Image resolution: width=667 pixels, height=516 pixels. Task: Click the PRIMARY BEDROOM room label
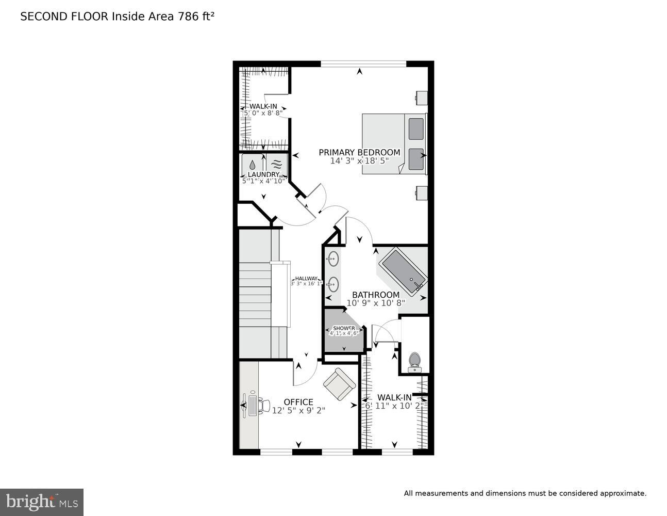coord(359,152)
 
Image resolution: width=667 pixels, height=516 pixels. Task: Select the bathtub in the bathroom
coord(403,268)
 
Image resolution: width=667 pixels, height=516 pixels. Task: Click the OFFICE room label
coord(298,402)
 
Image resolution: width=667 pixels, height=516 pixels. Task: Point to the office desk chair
coord(263,405)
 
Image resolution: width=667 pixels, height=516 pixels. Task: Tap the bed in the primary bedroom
coord(394,143)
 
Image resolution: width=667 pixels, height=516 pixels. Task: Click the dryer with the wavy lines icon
coord(277,165)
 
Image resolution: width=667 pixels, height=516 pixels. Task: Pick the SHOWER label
coord(344,328)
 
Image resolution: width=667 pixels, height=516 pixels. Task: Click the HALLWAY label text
coord(306,279)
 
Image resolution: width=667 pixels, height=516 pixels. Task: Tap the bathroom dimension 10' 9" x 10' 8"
coord(376,303)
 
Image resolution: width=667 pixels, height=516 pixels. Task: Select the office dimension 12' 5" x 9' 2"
coord(298,410)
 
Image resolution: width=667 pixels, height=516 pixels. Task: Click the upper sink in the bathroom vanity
coord(333,259)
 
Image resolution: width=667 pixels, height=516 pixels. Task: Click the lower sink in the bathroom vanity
coord(333,284)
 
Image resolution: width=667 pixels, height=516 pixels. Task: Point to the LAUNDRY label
coord(263,175)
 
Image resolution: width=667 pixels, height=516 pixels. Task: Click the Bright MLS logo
coord(41,502)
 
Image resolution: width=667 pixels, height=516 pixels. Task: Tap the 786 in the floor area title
coord(189,16)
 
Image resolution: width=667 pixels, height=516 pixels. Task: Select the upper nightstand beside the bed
coord(421,97)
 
